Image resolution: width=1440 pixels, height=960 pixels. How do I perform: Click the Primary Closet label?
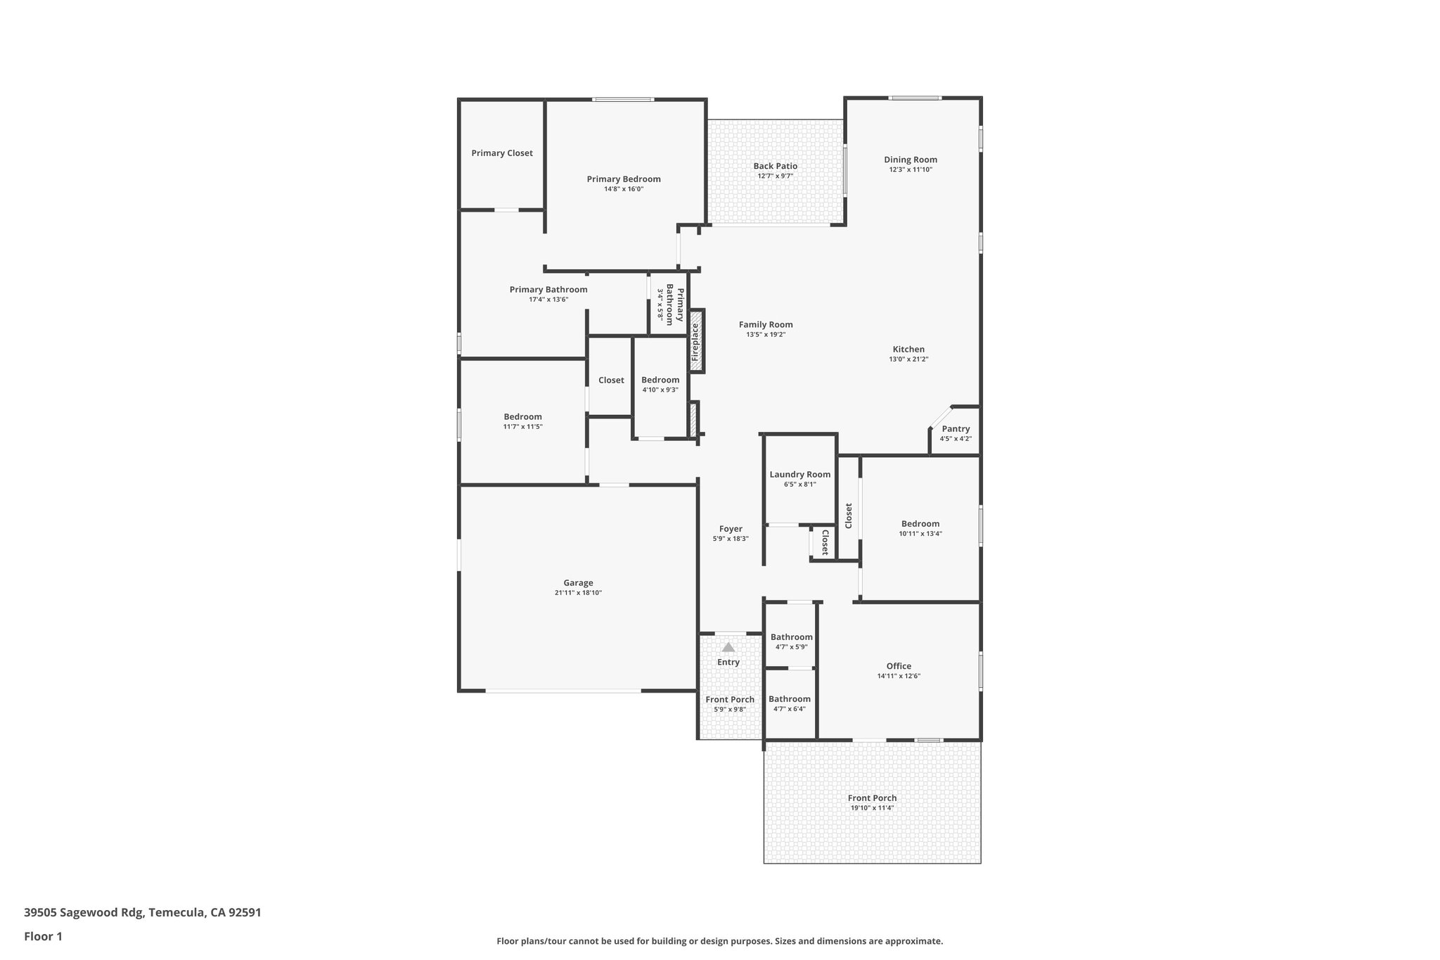pos(501,153)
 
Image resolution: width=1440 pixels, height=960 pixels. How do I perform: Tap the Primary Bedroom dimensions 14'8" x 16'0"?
pos(624,189)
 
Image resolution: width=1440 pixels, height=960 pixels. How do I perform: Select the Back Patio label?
pos(775,166)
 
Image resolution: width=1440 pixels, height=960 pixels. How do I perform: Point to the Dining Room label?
pos(910,160)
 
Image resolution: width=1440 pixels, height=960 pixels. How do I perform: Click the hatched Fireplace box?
pos(696,341)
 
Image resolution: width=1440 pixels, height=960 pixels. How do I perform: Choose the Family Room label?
pos(765,325)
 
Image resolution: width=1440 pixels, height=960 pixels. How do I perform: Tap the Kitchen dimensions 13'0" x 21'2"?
pos(908,359)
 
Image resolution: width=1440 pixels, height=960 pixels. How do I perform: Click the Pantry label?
pos(956,429)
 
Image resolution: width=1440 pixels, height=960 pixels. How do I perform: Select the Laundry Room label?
pos(799,475)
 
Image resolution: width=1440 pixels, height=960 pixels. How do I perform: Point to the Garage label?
pos(578,583)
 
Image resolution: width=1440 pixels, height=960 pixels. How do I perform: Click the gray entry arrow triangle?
pos(728,647)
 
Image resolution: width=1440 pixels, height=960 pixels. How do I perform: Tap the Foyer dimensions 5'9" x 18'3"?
pos(730,539)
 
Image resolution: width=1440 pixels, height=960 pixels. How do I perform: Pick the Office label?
pos(898,666)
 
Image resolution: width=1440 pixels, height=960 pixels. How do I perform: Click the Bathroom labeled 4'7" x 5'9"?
pos(791,637)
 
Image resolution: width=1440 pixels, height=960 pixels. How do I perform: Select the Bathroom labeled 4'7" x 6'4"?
pos(789,699)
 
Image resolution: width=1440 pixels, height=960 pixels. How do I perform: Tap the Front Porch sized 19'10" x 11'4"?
pos(872,798)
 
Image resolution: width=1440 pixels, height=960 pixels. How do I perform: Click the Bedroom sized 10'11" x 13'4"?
pos(920,524)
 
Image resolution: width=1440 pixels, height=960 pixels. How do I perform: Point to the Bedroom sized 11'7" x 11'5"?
pos(522,417)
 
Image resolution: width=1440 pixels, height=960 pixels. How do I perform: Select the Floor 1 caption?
pos(43,937)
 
